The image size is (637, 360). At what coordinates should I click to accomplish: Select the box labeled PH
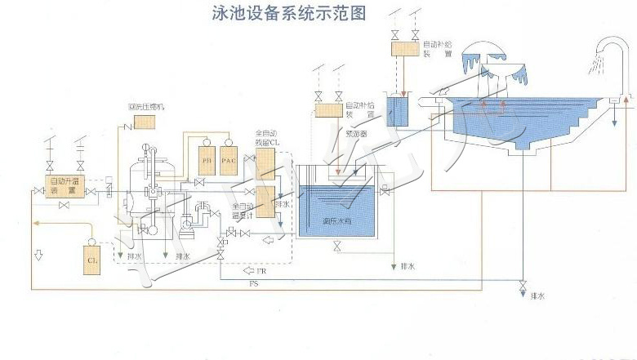coord(207,160)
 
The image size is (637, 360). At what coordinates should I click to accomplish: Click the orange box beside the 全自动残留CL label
coord(266,162)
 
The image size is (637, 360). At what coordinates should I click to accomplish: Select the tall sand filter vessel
coord(147,192)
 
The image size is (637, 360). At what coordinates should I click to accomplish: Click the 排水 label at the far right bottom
coord(537,295)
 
